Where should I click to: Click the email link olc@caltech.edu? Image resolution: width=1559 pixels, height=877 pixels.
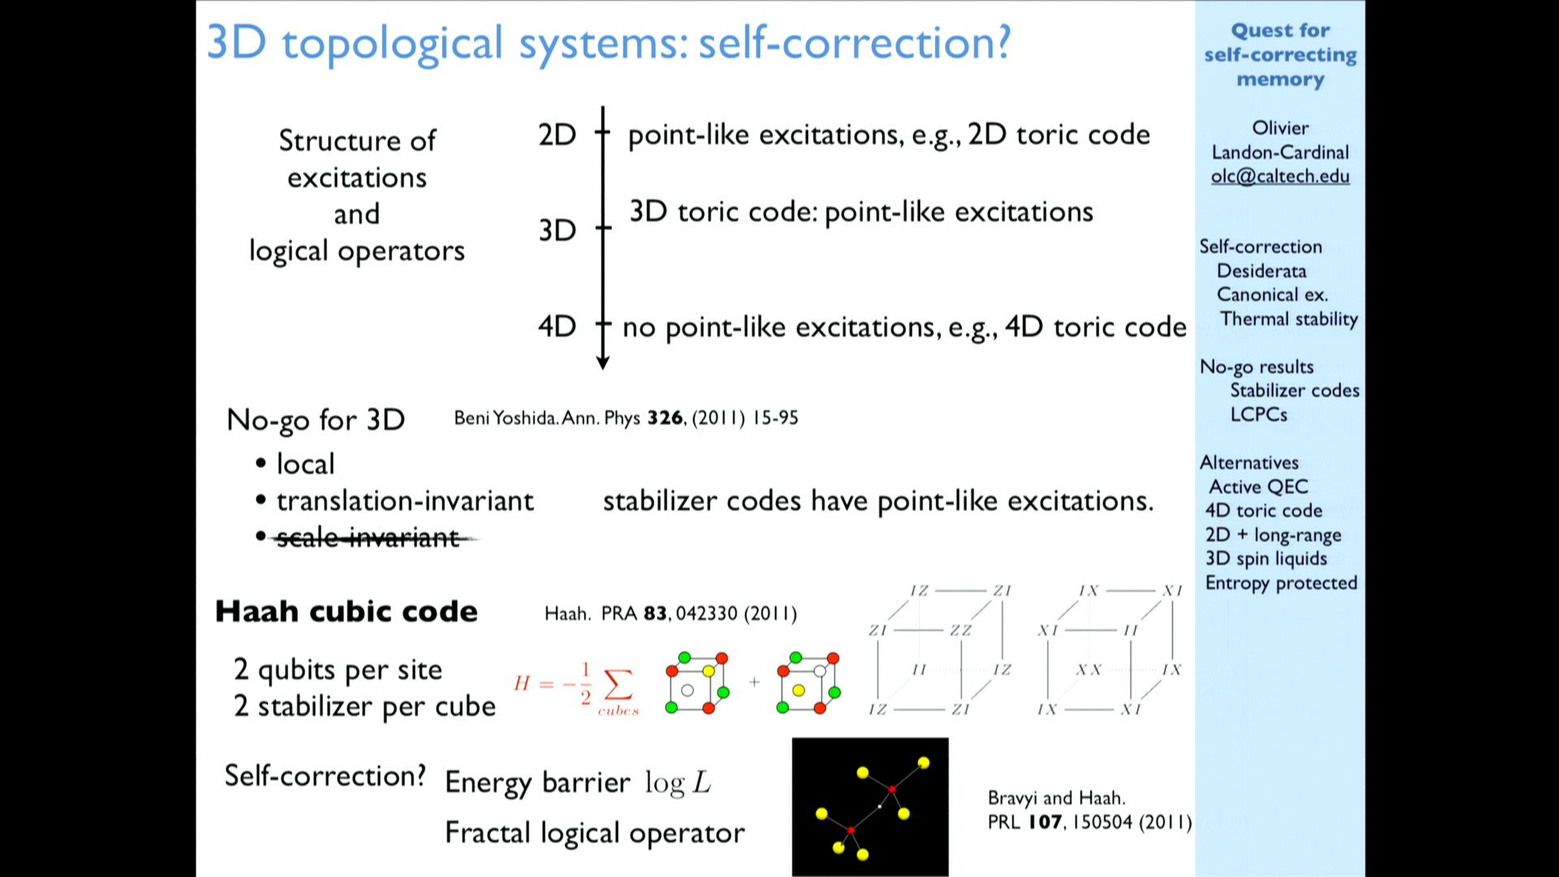(1280, 176)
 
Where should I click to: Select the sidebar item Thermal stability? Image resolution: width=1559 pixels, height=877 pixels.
(1289, 319)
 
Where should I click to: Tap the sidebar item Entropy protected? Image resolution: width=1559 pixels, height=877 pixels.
(1281, 583)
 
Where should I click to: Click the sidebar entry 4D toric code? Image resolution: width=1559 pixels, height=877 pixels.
(1263, 511)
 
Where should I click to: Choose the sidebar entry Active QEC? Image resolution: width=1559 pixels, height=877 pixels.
(1259, 486)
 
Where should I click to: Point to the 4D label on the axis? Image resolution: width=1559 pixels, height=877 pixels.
(557, 326)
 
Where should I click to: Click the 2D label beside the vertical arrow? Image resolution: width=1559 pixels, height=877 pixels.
(557, 135)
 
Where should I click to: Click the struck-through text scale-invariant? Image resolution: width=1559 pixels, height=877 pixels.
(369, 538)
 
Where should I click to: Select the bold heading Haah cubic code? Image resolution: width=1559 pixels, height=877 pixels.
(347, 611)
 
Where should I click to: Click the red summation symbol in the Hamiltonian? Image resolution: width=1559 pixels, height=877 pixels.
(618, 684)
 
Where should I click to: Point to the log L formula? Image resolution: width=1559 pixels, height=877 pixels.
(678, 783)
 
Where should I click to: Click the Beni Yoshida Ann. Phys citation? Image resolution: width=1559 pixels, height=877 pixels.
(626, 418)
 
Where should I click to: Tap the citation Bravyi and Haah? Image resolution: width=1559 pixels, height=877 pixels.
(1056, 798)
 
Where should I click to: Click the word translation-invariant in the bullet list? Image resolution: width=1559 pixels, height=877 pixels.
(405, 501)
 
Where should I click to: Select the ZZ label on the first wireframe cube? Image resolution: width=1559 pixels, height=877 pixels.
(961, 630)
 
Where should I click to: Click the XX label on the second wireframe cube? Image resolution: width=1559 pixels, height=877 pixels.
(1089, 670)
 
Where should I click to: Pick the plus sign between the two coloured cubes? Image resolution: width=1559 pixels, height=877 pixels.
(754, 682)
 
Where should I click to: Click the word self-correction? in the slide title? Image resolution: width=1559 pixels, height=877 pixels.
(855, 42)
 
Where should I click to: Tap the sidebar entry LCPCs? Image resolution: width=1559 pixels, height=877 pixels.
(1259, 415)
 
